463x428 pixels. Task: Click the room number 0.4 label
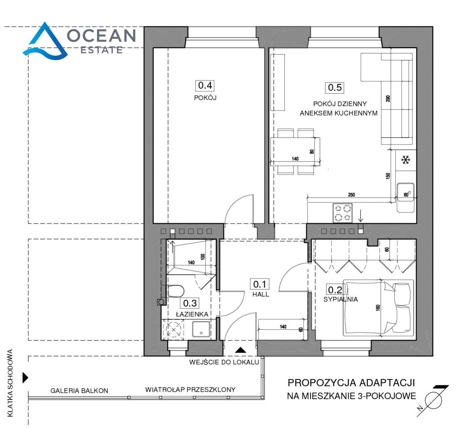point(205,86)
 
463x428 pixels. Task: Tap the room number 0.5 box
point(335,88)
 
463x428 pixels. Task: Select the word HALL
point(261,295)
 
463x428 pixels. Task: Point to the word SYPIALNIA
point(340,299)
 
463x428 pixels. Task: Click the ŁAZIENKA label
point(192,314)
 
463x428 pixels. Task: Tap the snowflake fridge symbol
point(406,160)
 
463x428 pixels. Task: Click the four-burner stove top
point(342,213)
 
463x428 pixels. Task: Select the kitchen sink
point(406,198)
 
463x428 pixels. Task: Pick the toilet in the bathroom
point(175,291)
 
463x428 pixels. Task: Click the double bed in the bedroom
point(378,308)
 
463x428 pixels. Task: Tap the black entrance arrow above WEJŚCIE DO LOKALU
point(240,350)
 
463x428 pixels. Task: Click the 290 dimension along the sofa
point(388,99)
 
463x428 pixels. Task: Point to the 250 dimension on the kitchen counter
point(351,195)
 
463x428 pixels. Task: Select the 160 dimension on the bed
point(378,308)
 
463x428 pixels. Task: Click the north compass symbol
point(433,401)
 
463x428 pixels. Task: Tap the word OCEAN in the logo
point(101,35)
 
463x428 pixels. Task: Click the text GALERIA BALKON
point(79,391)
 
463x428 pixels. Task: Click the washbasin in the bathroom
point(201,329)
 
